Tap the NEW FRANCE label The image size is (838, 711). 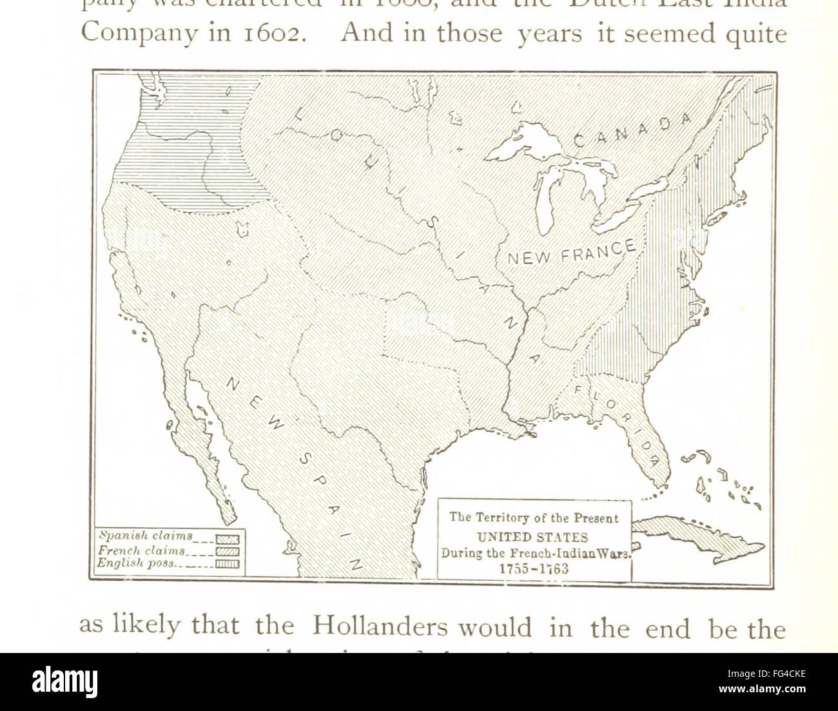tap(571, 253)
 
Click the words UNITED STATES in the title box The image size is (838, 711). tap(532, 537)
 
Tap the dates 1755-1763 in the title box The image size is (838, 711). tap(534, 569)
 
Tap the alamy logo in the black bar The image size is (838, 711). tap(64, 682)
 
